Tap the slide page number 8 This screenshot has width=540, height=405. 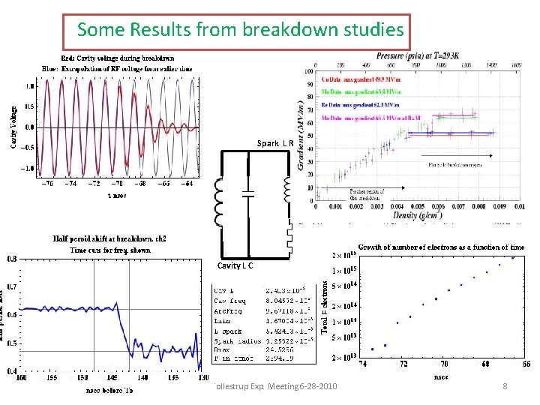coord(505,386)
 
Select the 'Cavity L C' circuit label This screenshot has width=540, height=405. coord(235,265)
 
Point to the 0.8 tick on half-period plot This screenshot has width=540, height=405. coord(13,259)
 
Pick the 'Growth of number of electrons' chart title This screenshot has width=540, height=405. coord(441,247)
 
